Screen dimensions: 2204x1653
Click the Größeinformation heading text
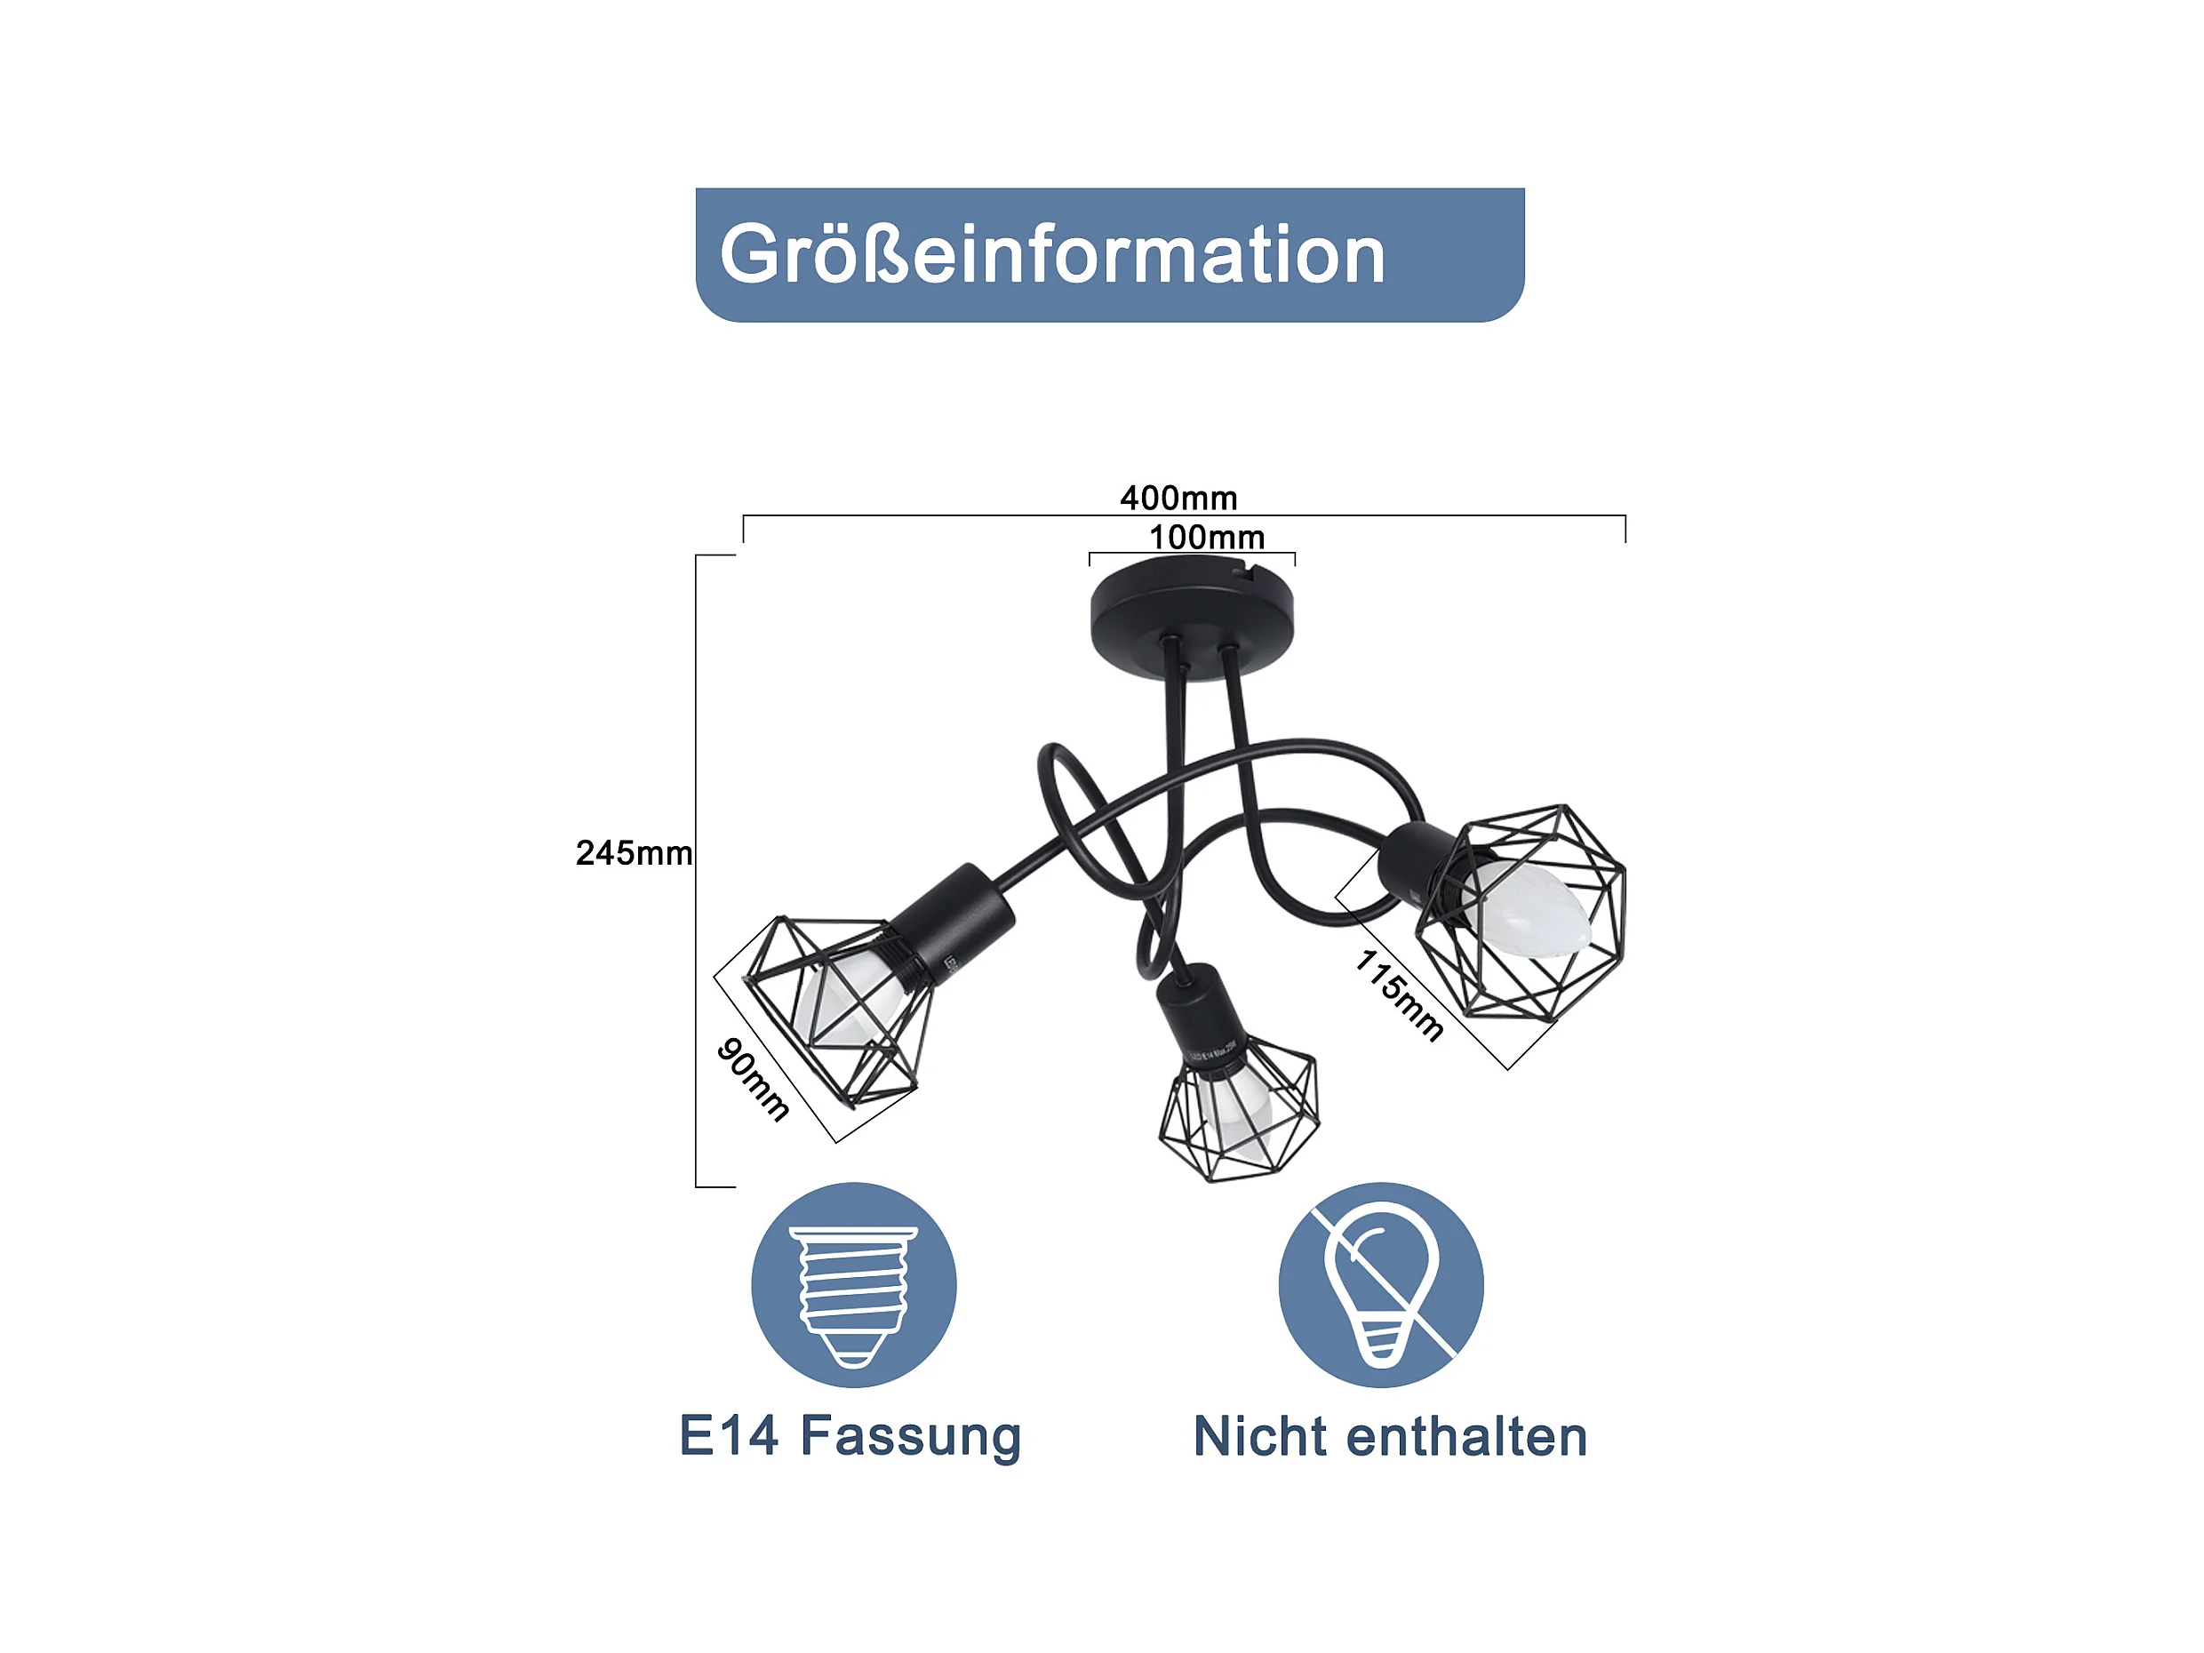click(1052, 255)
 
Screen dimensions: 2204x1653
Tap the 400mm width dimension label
click(1178, 497)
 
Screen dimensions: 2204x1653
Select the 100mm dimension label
click(1207, 537)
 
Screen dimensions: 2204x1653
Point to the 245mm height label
click(634, 853)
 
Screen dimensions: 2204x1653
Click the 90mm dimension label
click(754, 1079)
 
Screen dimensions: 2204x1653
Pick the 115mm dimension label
click(1399, 994)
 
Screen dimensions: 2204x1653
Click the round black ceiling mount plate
click(1192, 616)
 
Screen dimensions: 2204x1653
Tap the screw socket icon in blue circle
click(854, 1285)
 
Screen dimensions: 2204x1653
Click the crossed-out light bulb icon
click(1381, 1285)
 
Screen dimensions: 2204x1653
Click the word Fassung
click(911, 1438)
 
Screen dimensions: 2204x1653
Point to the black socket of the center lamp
click(1199, 1021)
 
